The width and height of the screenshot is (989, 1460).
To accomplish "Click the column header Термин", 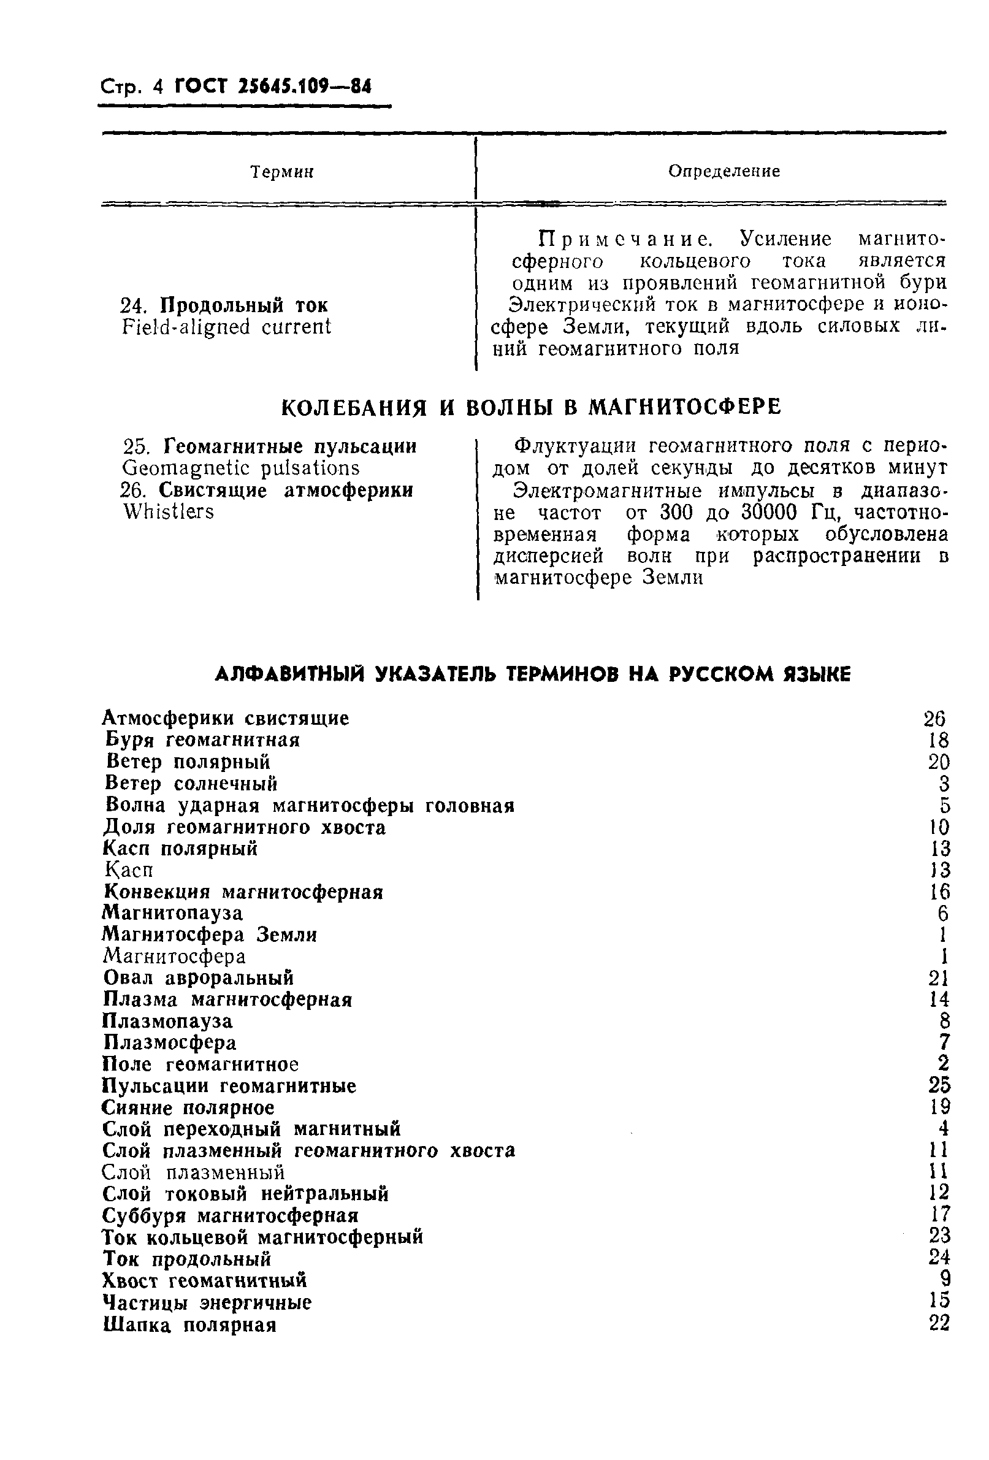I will pos(281,172).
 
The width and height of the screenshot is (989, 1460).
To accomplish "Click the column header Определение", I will pos(724,171).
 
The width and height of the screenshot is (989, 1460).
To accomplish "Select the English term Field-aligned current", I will pos(226,327).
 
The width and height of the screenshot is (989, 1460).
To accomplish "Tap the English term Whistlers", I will pos(169,512).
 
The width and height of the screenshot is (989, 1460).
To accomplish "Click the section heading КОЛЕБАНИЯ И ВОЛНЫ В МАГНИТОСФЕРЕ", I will pos(531,407).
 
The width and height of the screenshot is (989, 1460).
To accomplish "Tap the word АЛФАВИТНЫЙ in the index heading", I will pos(291,674).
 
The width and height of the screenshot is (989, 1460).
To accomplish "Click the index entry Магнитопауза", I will pos(173,913).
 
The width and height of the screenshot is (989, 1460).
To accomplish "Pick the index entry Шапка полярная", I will pos(189,1326).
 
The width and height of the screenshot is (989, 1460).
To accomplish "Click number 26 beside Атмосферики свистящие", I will pos(934,719).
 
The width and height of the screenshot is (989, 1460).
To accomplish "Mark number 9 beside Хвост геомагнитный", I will pos(944,1282).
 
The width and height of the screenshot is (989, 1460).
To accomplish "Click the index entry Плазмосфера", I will pos(170,1043).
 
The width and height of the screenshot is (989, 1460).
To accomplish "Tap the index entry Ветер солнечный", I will pos(192,784).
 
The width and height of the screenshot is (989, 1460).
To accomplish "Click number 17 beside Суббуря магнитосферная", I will pos(939,1216).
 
